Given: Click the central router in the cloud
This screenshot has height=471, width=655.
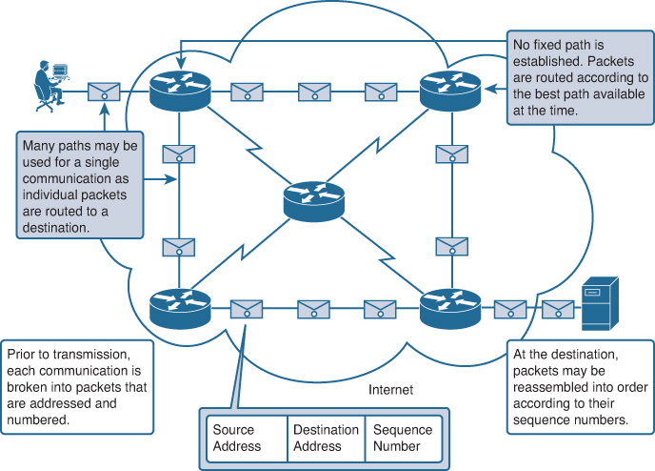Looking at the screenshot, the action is point(314,202).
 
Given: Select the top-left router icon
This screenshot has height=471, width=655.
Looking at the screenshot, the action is point(180,92).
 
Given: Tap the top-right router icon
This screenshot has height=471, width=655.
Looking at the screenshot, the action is point(450,92).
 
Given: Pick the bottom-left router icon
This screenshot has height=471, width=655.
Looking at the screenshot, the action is point(180,309).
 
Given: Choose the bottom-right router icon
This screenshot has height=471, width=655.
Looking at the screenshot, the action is point(450,309).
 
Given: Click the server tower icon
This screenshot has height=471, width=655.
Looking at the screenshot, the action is point(600,303).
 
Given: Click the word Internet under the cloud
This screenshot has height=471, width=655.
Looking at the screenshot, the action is point(390,390).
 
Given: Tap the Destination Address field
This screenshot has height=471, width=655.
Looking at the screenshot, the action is point(327,439).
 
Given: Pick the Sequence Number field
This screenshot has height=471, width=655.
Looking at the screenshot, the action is point(403,439).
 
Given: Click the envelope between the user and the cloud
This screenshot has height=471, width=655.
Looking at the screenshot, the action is point(104,92).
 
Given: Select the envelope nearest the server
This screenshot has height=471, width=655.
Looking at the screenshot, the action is point(558,310).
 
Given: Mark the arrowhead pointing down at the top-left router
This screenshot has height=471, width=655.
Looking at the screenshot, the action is point(181,63).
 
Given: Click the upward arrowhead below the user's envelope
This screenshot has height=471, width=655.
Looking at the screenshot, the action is point(105,109).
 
